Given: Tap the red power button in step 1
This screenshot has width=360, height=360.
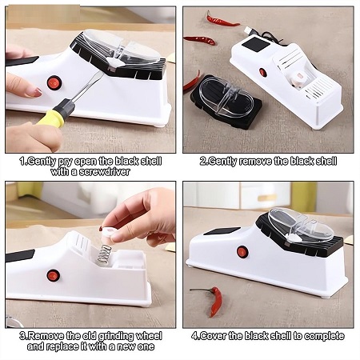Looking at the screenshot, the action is pyautogui.click(x=54, y=83).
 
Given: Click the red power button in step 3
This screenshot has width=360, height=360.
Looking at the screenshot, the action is pyautogui.click(x=54, y=275).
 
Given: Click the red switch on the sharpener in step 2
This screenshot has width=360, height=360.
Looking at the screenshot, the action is pyautogui.click(x=263, y=73).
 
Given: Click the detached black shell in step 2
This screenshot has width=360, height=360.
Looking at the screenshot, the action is pyautogui.click(x=226, y=102).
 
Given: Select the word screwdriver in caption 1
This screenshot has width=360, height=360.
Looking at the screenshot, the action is pyautogui.click(x=105, y=171).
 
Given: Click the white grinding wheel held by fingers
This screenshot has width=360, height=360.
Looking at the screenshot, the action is pyautogui.click(x=110, y=231).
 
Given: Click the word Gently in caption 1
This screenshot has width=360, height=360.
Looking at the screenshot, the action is pyautogui.click(x=42, y=162).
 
